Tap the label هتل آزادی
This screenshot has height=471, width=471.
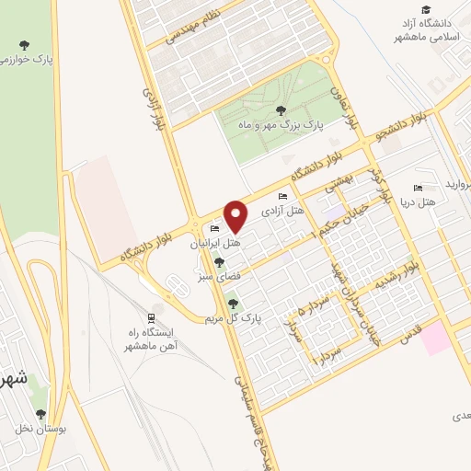click(283, 212)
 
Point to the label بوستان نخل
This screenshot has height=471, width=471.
click(36, 428)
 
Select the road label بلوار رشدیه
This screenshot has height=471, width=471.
click(395, 277)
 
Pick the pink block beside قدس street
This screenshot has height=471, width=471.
click(437, 338)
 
